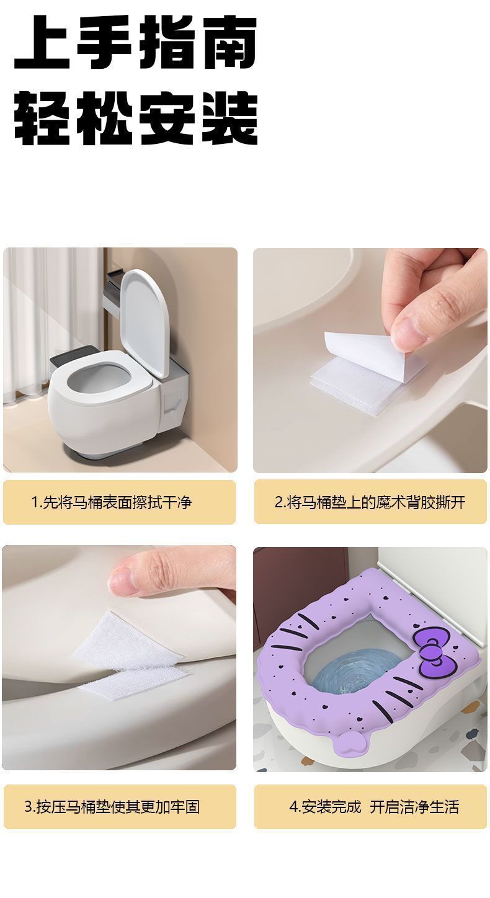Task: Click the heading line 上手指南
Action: pyautogui.click(x=135, y=43)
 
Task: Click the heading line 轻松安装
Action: pyautogui.click(x=135, y=118)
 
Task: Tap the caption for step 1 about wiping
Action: pyautogui.click(x=112, y=502)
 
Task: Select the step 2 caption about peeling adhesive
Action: pyautogui.click(x=370, y=502)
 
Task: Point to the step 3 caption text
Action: pyautogui.click(x=112, y=807)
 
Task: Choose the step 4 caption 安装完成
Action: pyautogui.click(x=325, y=807)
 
